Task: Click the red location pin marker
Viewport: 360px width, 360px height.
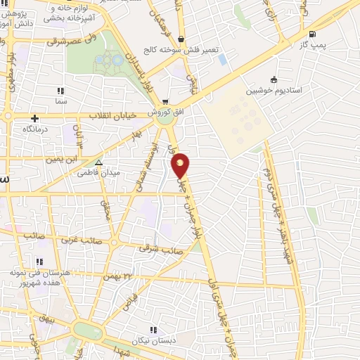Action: point(181,165)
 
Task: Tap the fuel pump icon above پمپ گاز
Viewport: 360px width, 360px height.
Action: point(311,34)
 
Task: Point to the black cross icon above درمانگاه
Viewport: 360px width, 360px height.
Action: point(35,119)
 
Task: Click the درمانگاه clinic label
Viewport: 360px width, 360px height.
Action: point(34,130)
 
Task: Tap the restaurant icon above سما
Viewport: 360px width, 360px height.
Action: point(60,91)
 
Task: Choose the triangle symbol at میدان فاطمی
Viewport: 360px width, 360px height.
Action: point(98,162)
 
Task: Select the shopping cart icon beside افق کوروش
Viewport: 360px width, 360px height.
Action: point(165,102)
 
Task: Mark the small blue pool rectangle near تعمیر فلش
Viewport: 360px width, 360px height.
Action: point(223,60)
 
